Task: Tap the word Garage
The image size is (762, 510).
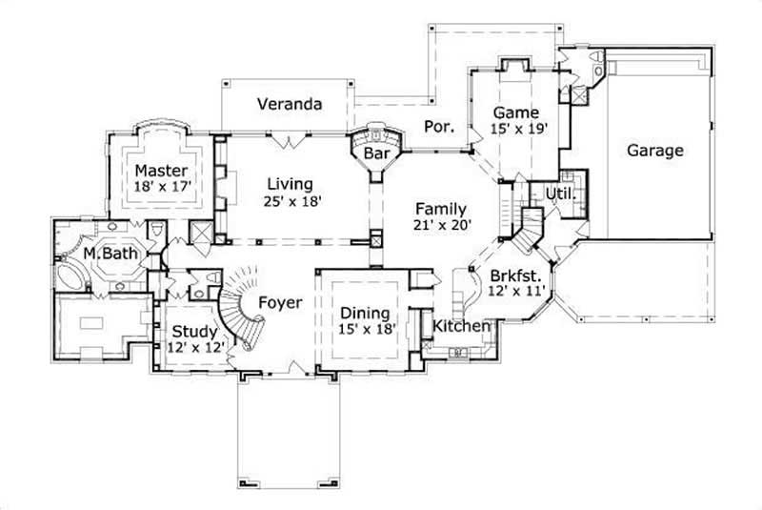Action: coord(654,151)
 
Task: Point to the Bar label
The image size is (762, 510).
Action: coord(378,153)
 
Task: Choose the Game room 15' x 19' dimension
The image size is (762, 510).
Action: coord(519,129)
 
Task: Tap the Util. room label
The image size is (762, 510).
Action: coord(557,194)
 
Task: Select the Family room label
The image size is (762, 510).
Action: coord(439,209)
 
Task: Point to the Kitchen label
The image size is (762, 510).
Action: coord(462,326)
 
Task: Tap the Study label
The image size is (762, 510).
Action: coord(194,333)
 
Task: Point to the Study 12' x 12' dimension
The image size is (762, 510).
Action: coord(195,349)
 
